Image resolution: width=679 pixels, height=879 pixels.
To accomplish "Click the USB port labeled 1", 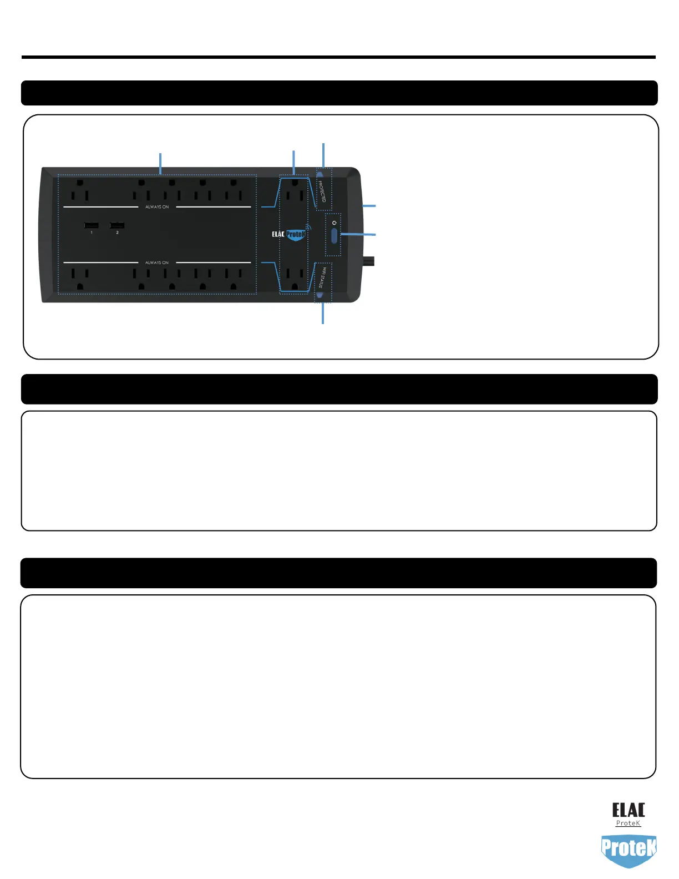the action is [x=92, y=225].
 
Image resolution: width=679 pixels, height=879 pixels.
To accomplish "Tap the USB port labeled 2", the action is [x=117, y=225].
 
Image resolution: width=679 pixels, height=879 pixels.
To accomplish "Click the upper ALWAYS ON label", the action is [x=157, y=207].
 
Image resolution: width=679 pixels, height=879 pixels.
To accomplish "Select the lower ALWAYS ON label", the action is [x=157, y=262].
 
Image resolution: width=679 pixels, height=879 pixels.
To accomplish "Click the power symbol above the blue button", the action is [x=334, y=223].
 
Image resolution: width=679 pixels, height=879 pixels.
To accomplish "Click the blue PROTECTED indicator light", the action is [x=320, y=174].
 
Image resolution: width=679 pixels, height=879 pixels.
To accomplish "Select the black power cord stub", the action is [x=369, y=260].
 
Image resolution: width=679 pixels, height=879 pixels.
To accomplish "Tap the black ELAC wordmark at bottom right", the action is [x=629, y=810].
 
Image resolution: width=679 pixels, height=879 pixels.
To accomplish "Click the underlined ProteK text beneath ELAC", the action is [x=628, y=824].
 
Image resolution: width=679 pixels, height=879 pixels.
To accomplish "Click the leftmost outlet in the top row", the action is [x=80, y=190].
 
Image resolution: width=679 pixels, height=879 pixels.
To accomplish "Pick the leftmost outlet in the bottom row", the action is [x=80, y=278].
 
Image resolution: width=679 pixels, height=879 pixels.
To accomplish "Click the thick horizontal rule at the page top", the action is [x=338, y=57].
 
